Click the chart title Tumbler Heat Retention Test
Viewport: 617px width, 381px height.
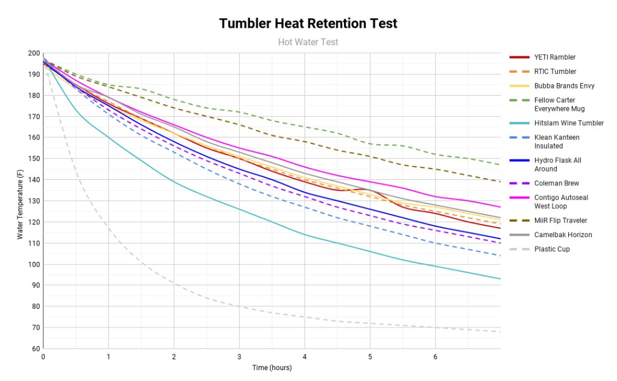[x=308, y=23]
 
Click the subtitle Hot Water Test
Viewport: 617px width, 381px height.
[x=308, y=42]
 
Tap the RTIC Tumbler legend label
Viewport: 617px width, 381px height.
[x=555, y=72]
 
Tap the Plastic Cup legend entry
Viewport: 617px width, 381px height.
[x=551, y=249]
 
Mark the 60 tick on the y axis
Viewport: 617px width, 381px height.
[x=35, y=348]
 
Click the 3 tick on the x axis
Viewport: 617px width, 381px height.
[x=239, y=357]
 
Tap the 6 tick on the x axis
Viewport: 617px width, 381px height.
[x=435, y=357]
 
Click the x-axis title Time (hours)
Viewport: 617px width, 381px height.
[x=272, y=368]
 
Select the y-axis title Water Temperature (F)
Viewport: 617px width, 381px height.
[x=20, y=201]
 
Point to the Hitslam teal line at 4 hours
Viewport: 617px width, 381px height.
[x=304, y=235]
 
